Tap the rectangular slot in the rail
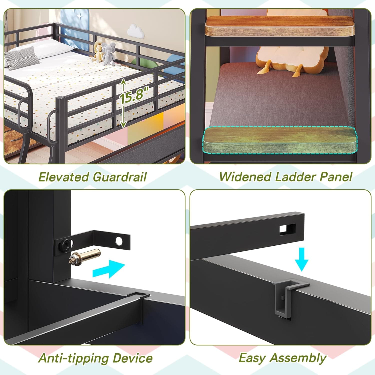[x=287, y=229]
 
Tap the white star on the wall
[x=80, y=16]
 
